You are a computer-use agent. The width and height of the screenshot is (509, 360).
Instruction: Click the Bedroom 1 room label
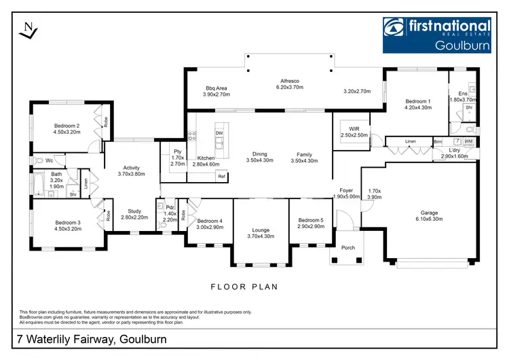tap(417, 100)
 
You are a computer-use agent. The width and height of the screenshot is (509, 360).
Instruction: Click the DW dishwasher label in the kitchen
tap(219, 133)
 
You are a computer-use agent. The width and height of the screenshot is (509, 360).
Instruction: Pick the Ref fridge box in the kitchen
tap(221, 177)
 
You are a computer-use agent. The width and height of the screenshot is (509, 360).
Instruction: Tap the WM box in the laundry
tap(469, 141)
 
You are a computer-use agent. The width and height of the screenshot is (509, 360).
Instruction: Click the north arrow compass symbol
tap(28, 31)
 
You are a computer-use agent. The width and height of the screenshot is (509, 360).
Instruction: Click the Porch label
tap(347, 247)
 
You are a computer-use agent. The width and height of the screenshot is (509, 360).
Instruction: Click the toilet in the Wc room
tap(39, 161)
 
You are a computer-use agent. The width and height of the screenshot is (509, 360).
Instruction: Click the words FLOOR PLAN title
tap(244, 287)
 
